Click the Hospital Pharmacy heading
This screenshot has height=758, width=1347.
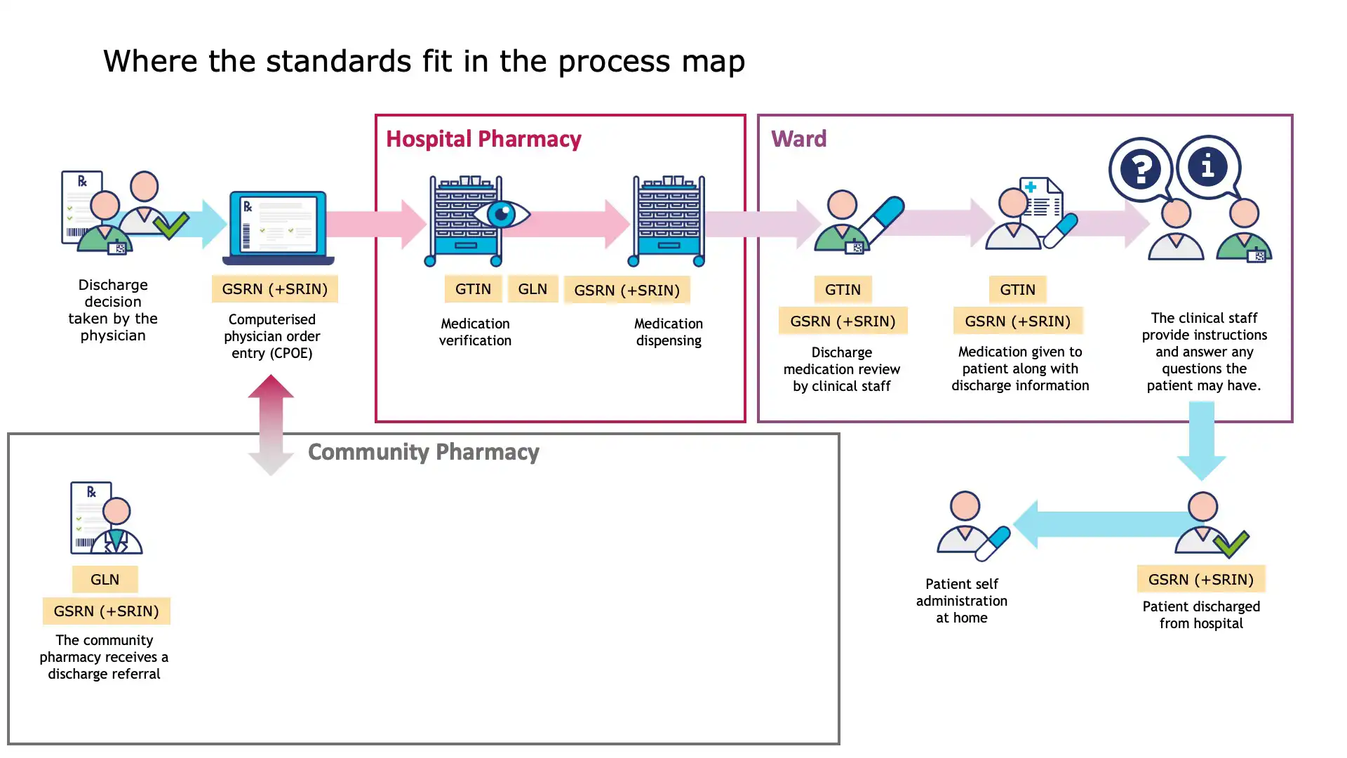tap(483, 139)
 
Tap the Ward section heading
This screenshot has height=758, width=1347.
tap(798, 139)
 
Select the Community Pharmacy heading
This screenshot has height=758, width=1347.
tap(423, 452)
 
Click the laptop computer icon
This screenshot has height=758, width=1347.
tap(278, 227)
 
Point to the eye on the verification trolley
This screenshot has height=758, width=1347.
tap(502, 214)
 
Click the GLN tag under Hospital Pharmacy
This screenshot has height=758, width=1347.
tap(532, 289)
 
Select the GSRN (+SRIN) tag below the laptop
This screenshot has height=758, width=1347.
tap(274, 289)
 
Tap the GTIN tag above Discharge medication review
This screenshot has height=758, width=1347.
tap(842, 290)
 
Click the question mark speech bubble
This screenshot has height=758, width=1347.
tap(1141, 169)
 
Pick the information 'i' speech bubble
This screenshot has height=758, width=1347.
tap(1207, 167)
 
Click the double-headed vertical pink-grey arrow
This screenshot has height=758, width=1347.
tap(271, 425)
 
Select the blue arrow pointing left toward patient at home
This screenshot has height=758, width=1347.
tap(1101, 524)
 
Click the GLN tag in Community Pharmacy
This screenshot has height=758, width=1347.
tap(105, 580)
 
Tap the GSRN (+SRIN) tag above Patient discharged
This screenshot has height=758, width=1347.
tap(1200, 580)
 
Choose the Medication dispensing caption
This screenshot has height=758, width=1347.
tap(668, 332)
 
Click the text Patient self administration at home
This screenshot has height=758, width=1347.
tap(961, 601)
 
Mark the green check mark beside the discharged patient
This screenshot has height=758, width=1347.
tap(1231, 543)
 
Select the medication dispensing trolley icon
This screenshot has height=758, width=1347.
tap(669, 221)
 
